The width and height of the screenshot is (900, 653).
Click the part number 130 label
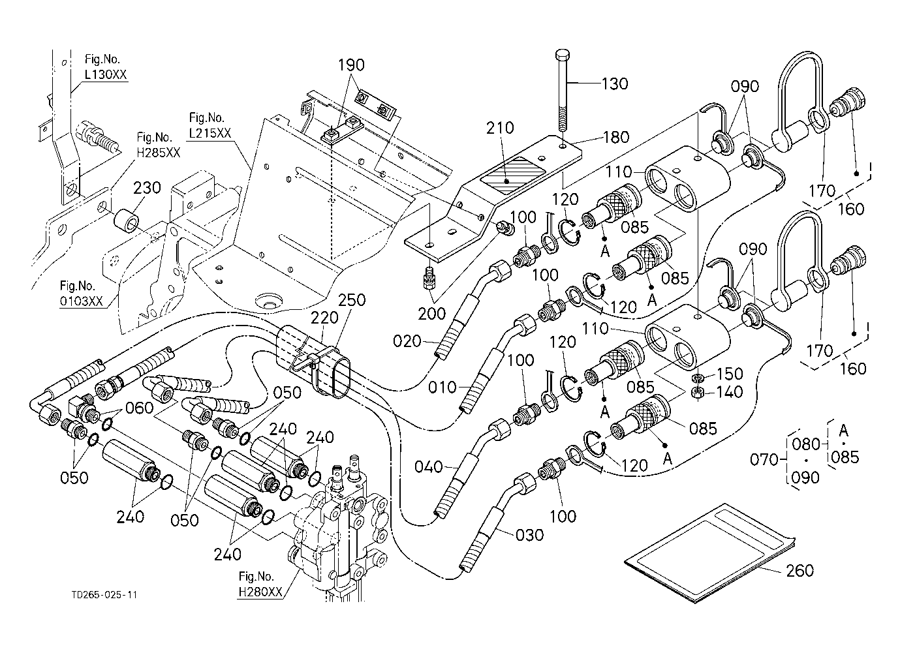(x=615, y=84)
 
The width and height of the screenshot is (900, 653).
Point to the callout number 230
(x=147, y=187)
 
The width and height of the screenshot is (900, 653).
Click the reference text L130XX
(x=106, y=74)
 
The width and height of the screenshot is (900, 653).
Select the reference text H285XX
(x=159, y=152)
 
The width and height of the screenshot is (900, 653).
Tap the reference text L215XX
(x=209, y=132)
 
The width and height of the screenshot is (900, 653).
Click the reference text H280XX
(x=260, y=592)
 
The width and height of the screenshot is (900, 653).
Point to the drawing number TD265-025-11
(x=105, y=595)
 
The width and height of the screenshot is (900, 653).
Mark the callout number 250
(x=352, y=301)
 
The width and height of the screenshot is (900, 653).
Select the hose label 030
(x=529, y=535)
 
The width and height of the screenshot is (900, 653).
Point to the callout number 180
(x=616, y=137)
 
